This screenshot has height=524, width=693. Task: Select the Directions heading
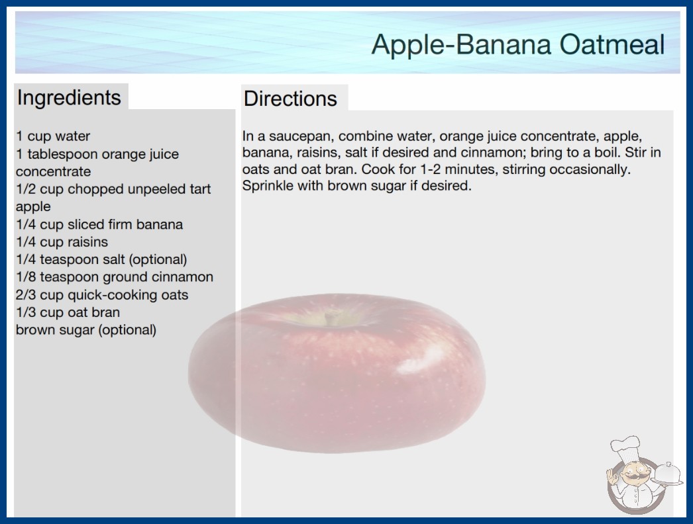[290, 99]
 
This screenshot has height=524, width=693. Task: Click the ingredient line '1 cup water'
[53, 136]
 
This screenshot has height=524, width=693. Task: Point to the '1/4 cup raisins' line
[62, 242]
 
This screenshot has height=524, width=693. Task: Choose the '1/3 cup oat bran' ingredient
[68, 312]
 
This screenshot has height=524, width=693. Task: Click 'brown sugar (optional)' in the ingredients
[86, 330]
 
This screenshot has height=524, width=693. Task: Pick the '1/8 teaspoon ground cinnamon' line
[115, 277]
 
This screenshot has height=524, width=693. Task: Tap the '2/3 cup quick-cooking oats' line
[102, 295]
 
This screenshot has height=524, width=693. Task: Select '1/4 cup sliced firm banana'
[99, 224]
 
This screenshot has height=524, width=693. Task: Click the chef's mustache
[633, 477]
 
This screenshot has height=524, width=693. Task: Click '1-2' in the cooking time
[427, 169]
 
